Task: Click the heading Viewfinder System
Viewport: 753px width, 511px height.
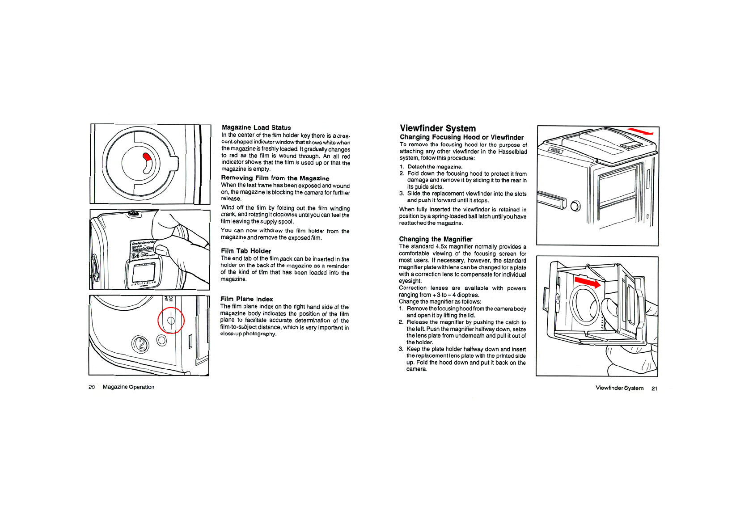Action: click(437, 128)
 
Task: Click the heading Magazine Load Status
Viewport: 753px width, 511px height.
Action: click(256, 127)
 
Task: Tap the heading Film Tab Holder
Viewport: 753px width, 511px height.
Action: click(245, 251)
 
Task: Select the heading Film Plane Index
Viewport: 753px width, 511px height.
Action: click(246, 299)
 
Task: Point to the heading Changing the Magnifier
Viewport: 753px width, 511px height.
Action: click(436, 239)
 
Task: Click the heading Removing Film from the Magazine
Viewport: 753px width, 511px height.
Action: click(275, 178)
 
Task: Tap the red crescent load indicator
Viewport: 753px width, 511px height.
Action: click(147, 156)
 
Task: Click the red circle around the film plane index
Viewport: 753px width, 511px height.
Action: click(171, 321)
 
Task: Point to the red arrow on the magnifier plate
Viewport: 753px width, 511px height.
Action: click(588, 282)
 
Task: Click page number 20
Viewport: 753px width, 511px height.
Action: click(92, 387)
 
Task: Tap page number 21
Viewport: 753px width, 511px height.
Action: click(654, 389)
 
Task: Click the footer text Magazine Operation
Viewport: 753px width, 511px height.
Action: click(128, 387)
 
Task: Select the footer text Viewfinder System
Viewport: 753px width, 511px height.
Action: click(619, 388)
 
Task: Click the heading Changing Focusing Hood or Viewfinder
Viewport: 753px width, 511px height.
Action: click(461, 137)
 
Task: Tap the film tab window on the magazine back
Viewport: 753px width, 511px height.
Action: click(143, 273)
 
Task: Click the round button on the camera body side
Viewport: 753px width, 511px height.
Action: click(575, 206)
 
